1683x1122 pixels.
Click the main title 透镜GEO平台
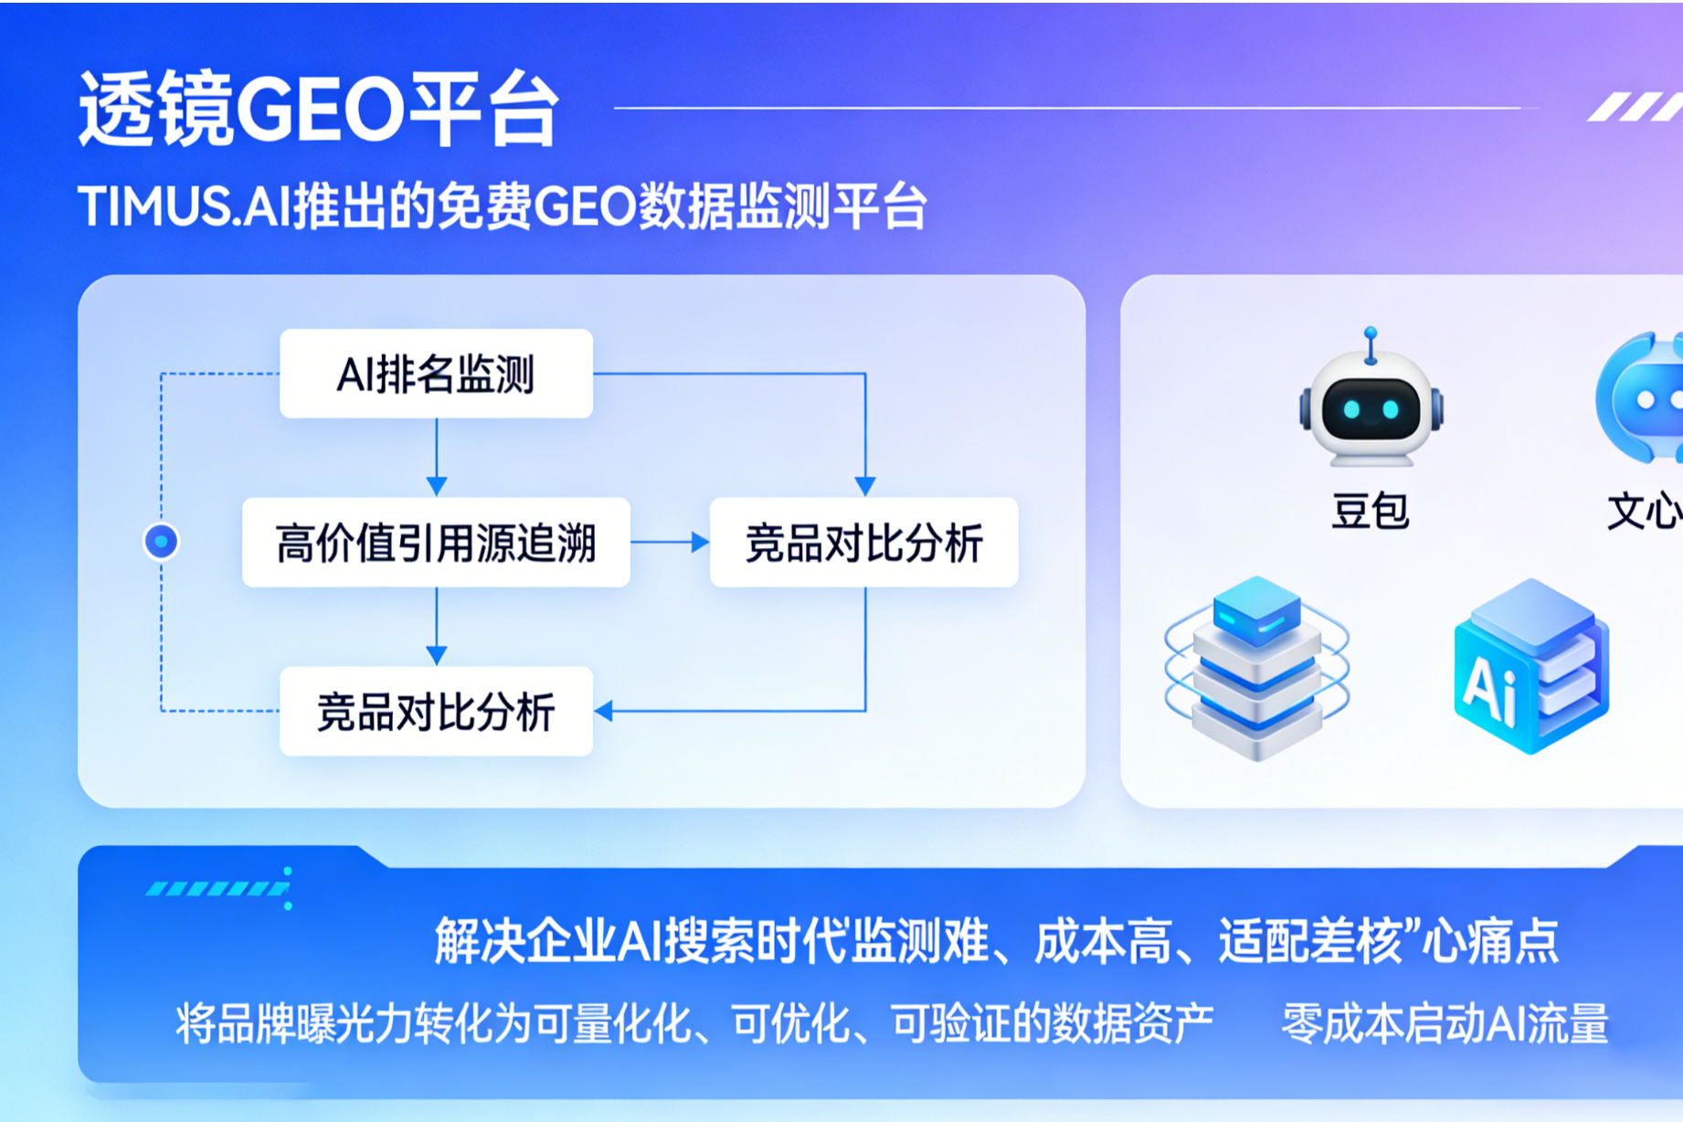(x=318, y=110)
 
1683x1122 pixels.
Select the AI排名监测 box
(x=436, y=374)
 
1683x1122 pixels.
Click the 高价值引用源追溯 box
(x=436, y=542)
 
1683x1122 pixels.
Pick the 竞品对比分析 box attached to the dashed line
(x=436, y=711)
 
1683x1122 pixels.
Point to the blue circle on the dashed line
(x=162, y=542)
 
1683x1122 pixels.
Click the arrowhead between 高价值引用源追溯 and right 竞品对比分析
(x=700, y=542)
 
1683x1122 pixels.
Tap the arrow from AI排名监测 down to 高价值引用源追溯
(x=437, y=457)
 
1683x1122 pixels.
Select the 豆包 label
(x=1370, y=511)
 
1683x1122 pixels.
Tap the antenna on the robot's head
(x=1371, y=345)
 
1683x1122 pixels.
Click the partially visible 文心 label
(x=1645, y=511)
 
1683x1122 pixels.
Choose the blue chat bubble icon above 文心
(x=1640, y=397)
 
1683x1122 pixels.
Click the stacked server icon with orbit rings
(x=1257, y=668)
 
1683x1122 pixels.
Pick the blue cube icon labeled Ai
(x=1531, y=666)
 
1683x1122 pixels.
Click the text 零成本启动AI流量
(x=1445, y=1023)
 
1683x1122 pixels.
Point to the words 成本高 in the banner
(x=1103, y=941)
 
